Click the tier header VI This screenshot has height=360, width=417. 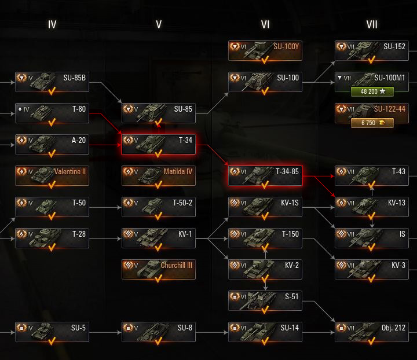click(265, 24)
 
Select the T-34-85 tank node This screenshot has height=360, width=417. click(265, 175)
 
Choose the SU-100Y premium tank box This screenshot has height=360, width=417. click(265, 50)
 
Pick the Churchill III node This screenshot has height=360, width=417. click(159, 269)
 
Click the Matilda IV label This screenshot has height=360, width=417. click(178, 171)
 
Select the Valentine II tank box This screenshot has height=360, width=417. click(52, 175)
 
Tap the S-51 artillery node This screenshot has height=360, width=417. click(265, 300)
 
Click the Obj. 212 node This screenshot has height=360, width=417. click(372, 332)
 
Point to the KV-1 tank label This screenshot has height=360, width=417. click(185, 234)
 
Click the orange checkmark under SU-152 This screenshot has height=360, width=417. click(372, 59)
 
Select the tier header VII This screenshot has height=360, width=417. click(372, 24)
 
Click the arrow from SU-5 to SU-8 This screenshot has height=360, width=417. click(105, 332)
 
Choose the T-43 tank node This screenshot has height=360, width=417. click(372, 175)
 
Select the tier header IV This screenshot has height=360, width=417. click(52, 24)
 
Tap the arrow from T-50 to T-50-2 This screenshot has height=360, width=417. click(105, 207)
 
